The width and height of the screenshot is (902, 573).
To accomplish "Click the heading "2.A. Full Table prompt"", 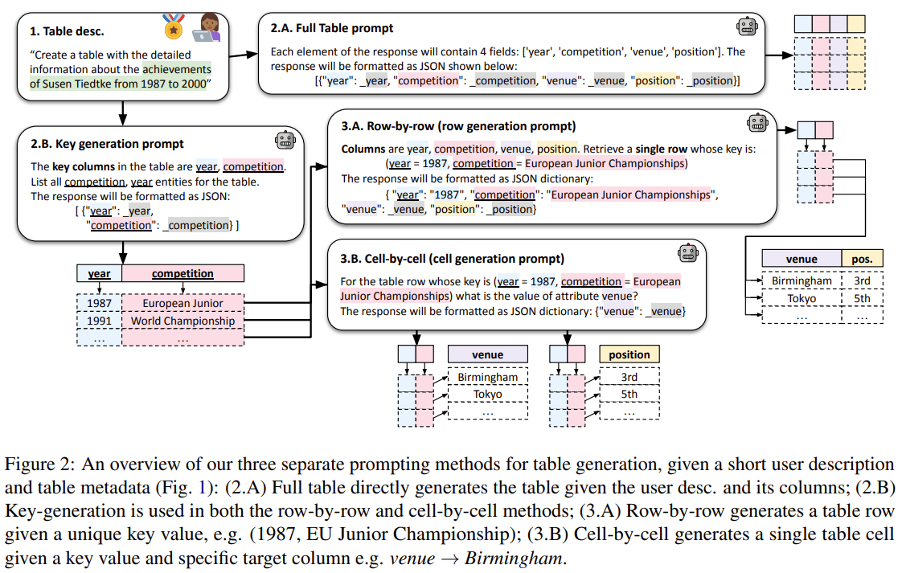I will (x=332, y=28).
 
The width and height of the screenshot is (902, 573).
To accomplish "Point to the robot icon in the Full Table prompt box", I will (x=748, y=27).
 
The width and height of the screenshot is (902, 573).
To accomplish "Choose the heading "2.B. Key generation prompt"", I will (x=107, y=144).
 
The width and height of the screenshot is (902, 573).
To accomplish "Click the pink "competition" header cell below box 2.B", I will (x=182, y=273).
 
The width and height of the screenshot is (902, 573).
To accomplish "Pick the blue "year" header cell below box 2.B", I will (x=99, y=273).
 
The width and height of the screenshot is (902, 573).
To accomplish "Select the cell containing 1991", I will (x=99, y=321).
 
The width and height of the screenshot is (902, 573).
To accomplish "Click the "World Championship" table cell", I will (x=182, y=321).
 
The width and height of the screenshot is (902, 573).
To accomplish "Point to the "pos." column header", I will (x=862, y=259).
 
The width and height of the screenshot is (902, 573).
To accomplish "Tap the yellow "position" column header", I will (x=629, y=354).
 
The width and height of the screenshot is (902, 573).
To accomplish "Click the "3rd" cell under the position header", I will (x=629, y=377).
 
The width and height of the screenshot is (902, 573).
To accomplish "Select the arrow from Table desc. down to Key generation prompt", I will (x=122, y=113).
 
